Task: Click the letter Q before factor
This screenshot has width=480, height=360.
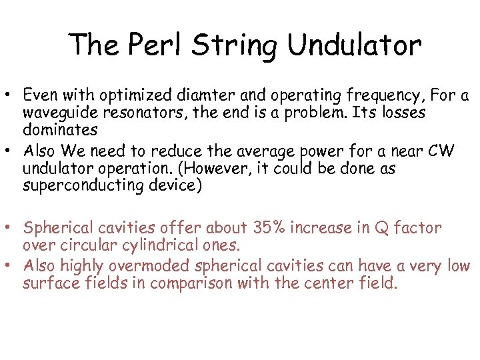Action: pos(381,228)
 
